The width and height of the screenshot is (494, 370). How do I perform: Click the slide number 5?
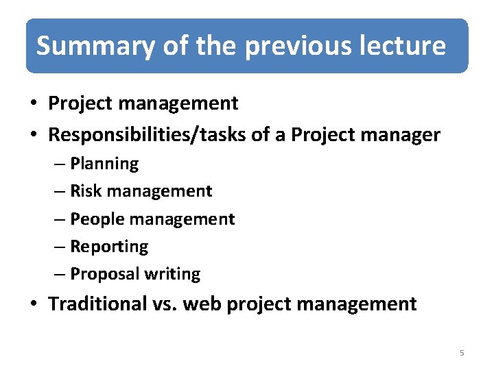pos(462,353)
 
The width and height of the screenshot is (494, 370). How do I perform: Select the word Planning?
pos(104,164)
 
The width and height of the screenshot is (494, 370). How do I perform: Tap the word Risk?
pos(84,191)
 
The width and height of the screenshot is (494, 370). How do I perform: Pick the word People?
pos(93,219)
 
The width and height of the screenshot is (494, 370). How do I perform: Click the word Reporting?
pos(109,247)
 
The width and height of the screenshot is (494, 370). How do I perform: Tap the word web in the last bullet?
pos(201,304)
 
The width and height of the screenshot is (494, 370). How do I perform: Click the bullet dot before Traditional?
pos(33,304)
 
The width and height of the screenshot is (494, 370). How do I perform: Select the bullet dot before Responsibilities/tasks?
pos(33,136)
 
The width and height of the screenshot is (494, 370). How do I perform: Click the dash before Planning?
pos(61,164)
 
